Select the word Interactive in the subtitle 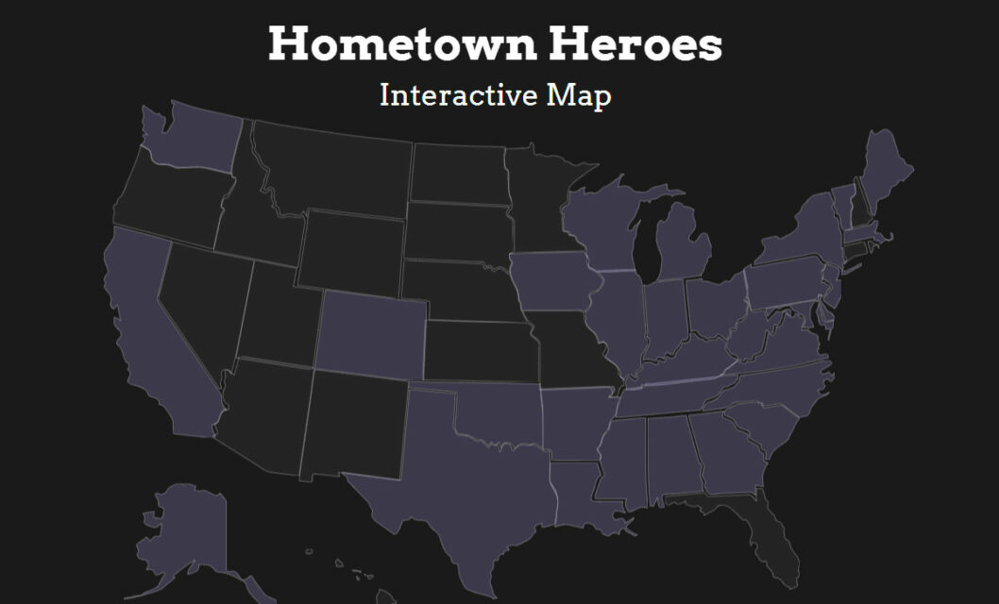click(447, 95)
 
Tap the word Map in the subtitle click(578, 96)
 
